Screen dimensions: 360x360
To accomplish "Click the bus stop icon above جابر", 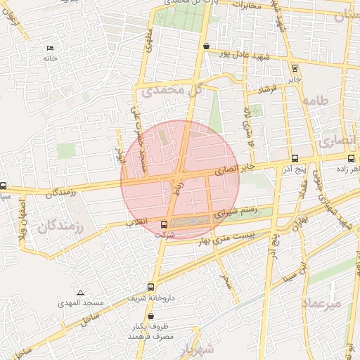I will (294, 68).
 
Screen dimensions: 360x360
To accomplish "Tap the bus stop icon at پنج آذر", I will (294, 158).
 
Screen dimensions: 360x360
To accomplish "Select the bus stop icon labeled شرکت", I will (164, 224).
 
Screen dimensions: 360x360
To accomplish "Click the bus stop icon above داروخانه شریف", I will (150, 287).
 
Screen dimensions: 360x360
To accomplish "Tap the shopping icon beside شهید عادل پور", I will (205, 46).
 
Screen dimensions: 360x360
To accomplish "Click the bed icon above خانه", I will (49, 48).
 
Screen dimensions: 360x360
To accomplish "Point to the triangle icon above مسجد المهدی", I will (80, 292).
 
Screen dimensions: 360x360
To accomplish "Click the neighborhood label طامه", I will (315, 101).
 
